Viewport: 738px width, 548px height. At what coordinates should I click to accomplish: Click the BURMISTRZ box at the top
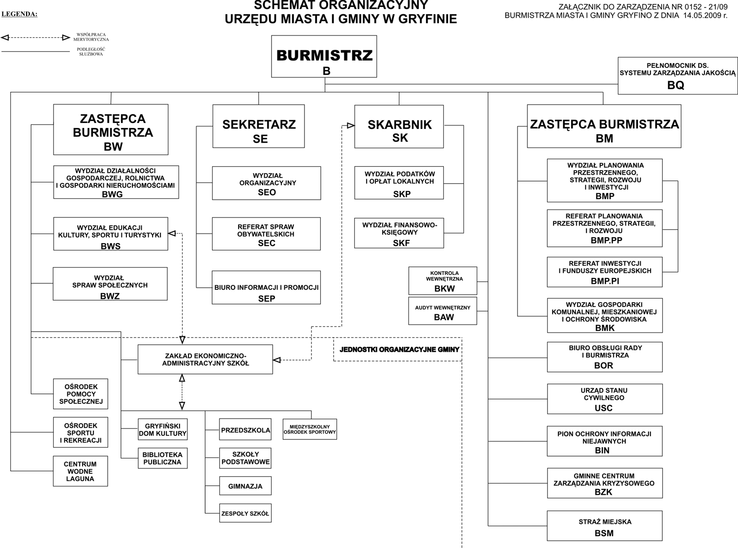[324, 56]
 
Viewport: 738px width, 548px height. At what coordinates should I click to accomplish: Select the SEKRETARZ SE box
[258, 126]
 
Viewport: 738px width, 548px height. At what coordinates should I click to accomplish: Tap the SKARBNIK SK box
[399, 126]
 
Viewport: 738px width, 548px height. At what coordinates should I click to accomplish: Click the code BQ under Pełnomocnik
[676, 85]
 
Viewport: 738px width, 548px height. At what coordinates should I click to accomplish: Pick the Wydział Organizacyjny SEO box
[266, 183]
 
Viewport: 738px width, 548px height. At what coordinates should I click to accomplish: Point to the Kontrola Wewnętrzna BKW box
[443, 281]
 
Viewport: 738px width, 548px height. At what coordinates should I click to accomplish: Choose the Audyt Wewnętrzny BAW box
[443, 311]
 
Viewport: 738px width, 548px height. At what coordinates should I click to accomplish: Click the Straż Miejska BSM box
[605, 526]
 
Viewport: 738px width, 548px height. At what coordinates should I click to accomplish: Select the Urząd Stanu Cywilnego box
[605, 398]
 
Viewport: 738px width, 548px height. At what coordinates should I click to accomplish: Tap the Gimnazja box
[245, 486]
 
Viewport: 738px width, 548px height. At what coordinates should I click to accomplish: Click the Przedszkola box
[245, 430]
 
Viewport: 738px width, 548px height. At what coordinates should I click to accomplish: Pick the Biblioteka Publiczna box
[162, 458]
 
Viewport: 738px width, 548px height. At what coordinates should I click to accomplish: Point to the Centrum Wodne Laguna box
[80, 471]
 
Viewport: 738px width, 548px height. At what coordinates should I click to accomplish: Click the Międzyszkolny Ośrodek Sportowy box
[309, 429]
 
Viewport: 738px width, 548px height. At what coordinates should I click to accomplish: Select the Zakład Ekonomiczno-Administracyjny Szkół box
[205, 359]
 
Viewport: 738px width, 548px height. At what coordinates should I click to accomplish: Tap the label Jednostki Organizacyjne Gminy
[399, 350]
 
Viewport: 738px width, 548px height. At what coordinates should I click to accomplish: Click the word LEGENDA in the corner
[19, 14]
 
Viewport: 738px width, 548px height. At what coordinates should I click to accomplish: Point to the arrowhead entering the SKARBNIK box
[350, 125]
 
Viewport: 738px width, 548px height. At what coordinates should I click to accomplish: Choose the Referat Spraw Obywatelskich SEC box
[266, 234]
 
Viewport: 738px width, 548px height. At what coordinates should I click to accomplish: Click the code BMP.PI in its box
[605, 281]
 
